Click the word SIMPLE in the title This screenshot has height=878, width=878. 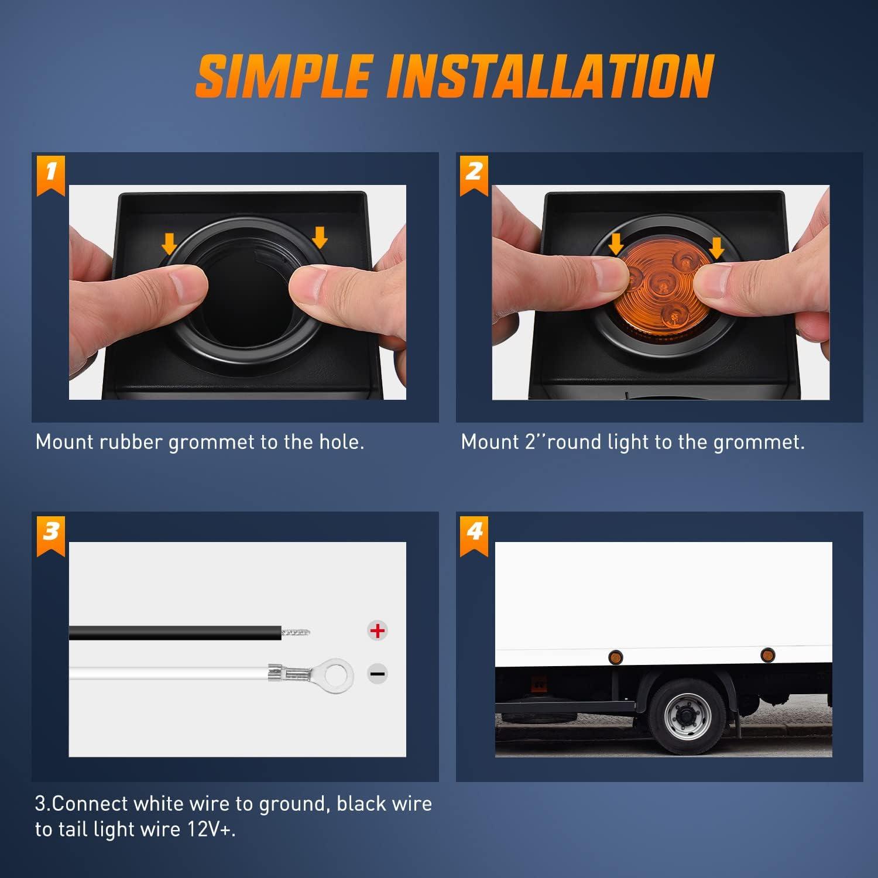tap(283, 76)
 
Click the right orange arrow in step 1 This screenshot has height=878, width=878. tap(320, 238)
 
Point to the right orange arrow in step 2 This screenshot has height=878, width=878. tap(716, 247)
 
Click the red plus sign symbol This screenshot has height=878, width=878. tap(378, 630)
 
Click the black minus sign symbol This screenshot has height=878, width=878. tap(378, 674)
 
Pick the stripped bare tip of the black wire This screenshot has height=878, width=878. tap(296, 632)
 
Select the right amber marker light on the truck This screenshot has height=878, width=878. tap(766, 654)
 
